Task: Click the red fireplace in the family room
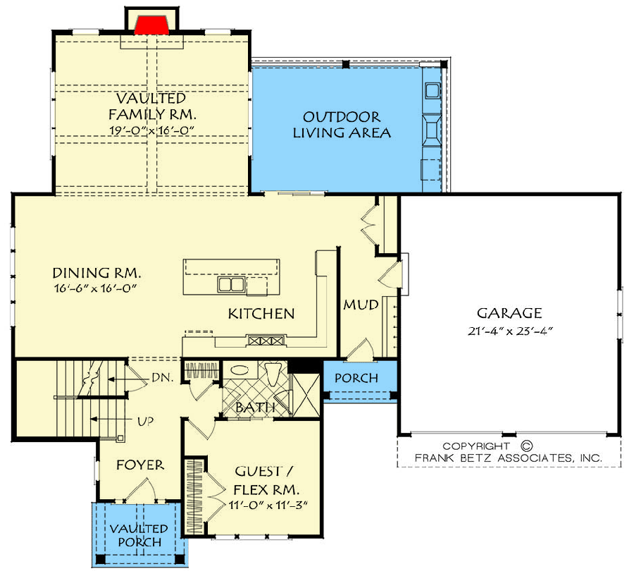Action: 151,25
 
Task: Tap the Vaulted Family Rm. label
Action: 151,106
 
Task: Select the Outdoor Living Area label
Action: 342,125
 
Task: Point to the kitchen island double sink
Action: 231,284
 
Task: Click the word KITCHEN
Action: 261,314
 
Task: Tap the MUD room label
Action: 361,305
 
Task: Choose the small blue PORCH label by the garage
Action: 356,379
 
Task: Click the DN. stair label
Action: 161,378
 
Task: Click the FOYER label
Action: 140,465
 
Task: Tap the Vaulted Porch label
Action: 138,535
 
